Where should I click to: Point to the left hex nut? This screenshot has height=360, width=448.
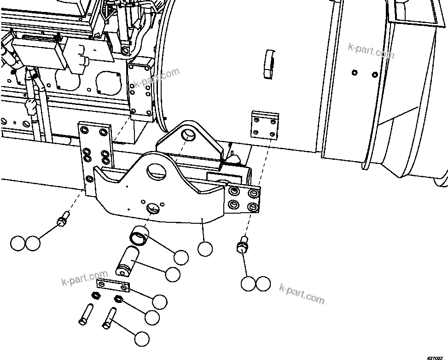pyautogui.click(x=97, y=295)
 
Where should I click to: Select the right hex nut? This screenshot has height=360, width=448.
pyautogui.click(x=118, y=300)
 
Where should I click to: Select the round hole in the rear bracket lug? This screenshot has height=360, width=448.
pyautogui.click(x=188, y=135)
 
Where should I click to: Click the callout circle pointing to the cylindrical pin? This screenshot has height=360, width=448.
pyautogui.click(x=173, y=274)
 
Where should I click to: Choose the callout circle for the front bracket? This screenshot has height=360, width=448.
pyautogui.click(x=205, y=249)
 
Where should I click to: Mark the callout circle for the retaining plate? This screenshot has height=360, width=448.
pyautogui.click(x=159, y=302)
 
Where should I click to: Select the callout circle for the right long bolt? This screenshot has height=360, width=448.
pyautogui.click(x=142, y=339)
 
